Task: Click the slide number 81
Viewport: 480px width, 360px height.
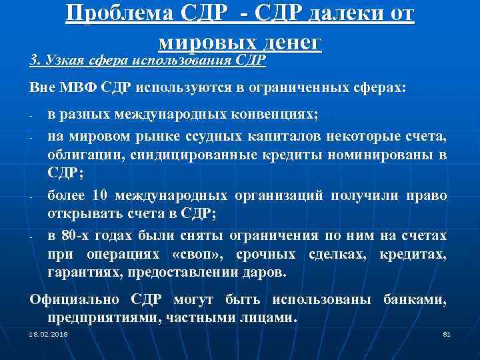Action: coord(447,333)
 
